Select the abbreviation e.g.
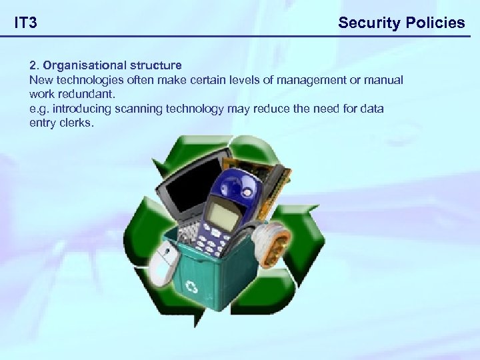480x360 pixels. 39,109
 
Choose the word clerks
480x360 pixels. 78,123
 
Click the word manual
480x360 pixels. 382,80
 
